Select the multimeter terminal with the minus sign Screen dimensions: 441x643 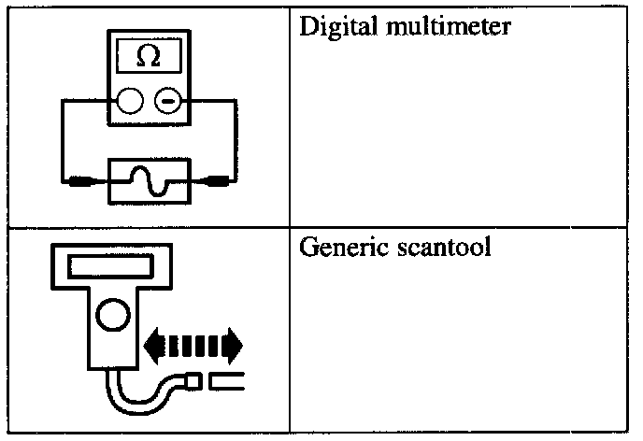pos(168,99)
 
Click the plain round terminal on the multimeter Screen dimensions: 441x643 pos(130,99)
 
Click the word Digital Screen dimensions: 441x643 pos(328,26)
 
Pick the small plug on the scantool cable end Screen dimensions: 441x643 pos(191,381)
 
